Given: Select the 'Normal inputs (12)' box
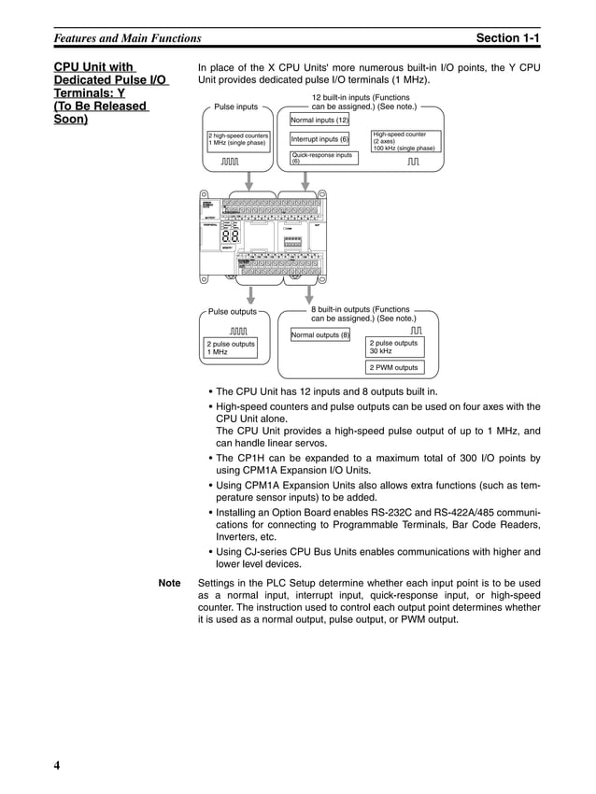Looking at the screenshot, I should (x=319, y=121).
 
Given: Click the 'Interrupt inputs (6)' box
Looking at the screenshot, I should (x=319, y=139).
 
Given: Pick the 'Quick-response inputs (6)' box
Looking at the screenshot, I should (x=323, y=158).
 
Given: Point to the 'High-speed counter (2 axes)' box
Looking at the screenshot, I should (x=404, y=141).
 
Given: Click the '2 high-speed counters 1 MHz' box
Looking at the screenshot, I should (x=238, y=140).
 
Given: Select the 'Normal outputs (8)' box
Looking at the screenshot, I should (x=320, y=334).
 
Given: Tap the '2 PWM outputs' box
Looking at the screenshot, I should (x=393, y=367).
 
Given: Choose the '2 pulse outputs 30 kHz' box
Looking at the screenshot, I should (x=393, y=347).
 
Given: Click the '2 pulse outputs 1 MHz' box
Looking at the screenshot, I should (x=230, y=347).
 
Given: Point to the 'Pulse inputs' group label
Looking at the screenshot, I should (x=236, y=107).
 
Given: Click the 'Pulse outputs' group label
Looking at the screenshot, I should (x=232, y=311).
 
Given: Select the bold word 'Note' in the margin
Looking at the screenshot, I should (x=170, y=582).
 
